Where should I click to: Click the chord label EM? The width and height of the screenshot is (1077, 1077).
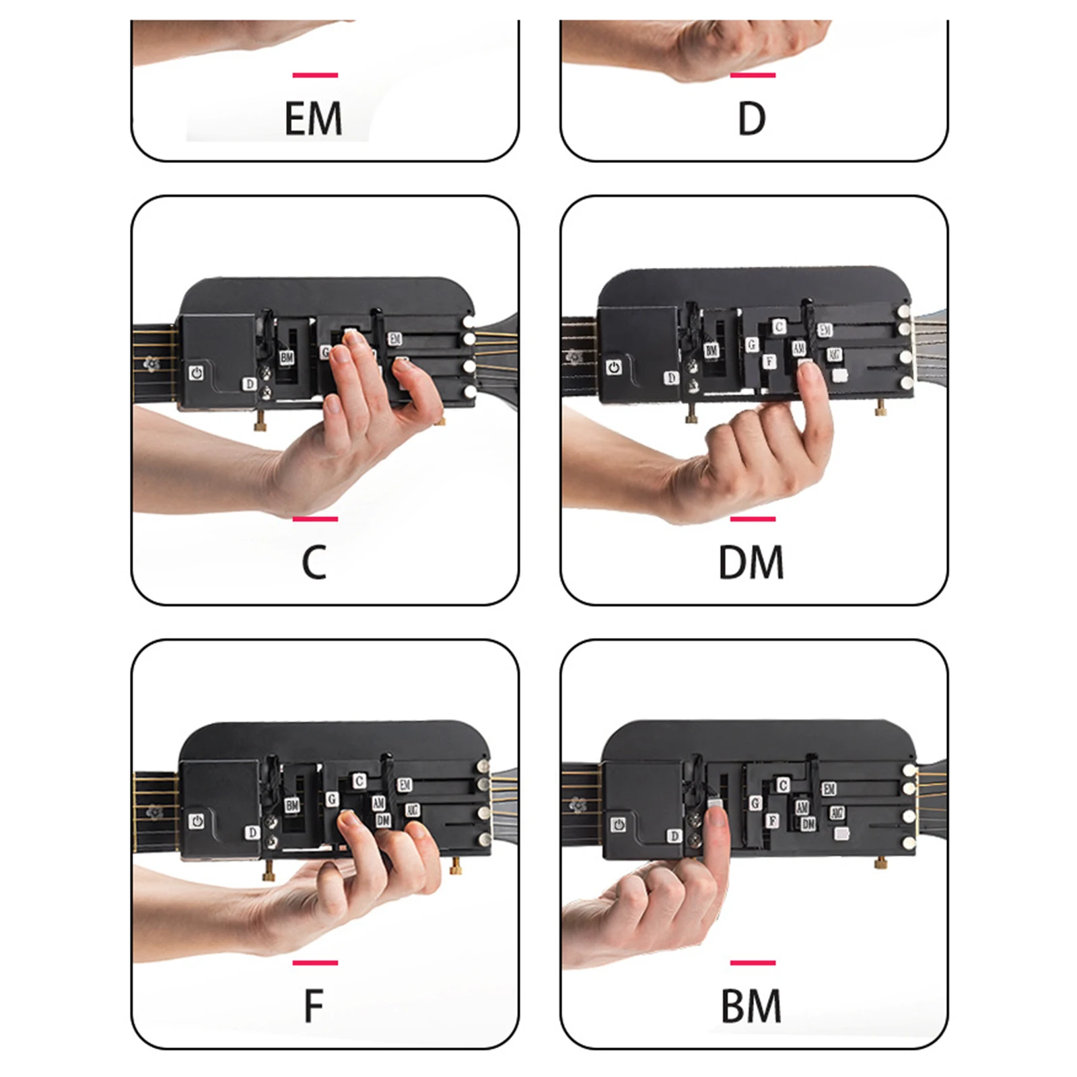tap(313, 118)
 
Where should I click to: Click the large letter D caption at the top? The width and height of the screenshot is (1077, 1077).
tap(752, 118)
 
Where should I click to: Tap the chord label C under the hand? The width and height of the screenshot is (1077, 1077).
tap(314, 563)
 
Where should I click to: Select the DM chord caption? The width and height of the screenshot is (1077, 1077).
tap(751, 563)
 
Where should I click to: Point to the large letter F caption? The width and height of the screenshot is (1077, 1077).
tap(314, 1006)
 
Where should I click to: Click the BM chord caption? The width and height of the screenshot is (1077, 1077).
tap(751, 1006)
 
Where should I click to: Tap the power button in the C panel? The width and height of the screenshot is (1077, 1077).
tap(197, 373)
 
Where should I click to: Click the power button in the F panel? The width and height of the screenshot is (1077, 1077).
tap(197, 821)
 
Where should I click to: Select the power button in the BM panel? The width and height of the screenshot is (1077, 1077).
tap(619, 825)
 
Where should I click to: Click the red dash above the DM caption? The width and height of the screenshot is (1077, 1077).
tap(753, 519)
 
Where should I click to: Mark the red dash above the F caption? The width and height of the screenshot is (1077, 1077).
tap(315, 963)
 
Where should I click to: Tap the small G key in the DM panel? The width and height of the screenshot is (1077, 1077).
tap(752, 345)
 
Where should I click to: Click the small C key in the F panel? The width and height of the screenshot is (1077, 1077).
tap(359, 781)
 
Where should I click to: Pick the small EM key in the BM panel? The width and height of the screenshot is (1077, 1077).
tap(829, 789)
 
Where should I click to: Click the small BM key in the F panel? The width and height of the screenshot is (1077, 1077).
tap(292, 805)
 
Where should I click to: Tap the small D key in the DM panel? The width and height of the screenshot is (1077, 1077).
tap(671, 378)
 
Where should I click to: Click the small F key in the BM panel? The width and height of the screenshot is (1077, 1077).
tap(773, 821)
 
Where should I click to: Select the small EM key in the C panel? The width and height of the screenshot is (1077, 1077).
tap(395, 339)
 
